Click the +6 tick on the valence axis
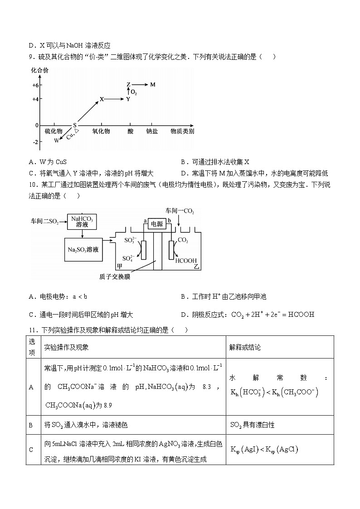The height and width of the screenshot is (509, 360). (x=35, y=85)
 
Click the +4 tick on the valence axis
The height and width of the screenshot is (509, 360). (x=35, y=99)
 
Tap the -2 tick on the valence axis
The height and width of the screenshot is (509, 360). (x=35, y=142)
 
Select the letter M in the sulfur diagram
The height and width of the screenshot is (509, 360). (x=153, y=85)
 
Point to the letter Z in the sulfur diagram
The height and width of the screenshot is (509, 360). (x=128, y=85)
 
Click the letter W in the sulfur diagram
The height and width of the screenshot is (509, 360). (x=56, y=141)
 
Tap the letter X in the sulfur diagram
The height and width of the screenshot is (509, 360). (x=102, y=99)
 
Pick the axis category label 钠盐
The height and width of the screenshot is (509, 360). (x=152, y=131)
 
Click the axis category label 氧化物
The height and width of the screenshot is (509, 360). (x=101, y=131)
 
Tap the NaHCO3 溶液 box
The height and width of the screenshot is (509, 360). (x=82, y=222)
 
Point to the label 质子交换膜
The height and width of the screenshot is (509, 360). (x=114, y=276)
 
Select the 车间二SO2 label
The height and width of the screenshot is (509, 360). (x=45, y=222)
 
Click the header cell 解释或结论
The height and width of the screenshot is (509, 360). (x=245, y=347)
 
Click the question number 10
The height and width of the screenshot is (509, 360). (x=32, y=184)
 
